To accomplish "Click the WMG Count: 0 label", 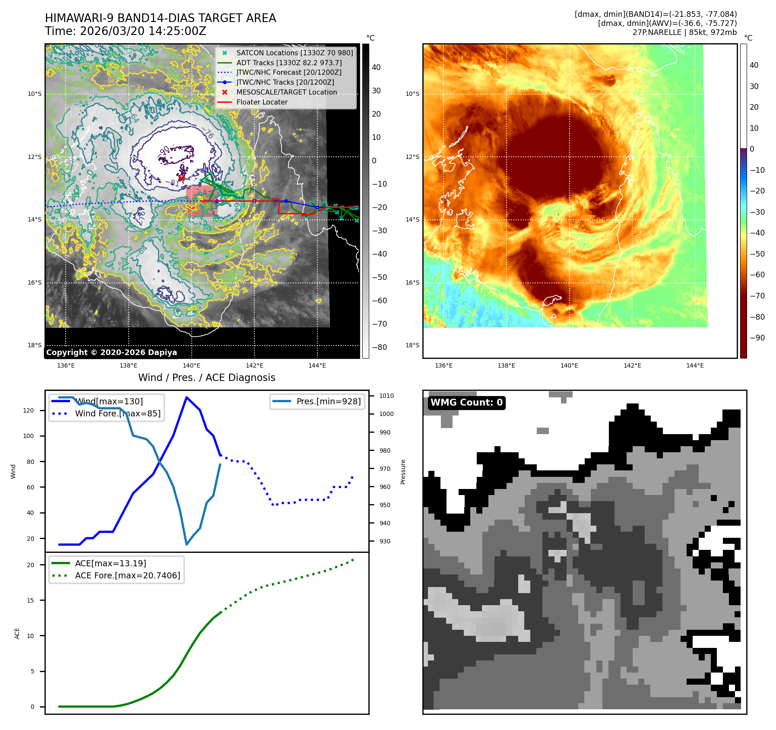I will pos(466,403).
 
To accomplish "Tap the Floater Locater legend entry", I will pos(262,102).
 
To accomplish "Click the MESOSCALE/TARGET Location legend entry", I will pos(286,92).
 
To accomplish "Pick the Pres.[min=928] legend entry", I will pos(328,401).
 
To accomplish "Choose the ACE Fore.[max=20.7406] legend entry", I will pos(127,575).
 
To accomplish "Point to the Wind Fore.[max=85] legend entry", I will pos(117,413).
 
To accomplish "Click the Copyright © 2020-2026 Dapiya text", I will pos(111,352).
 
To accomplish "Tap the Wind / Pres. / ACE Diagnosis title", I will pos(206,378).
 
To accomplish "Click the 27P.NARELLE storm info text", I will pos(684,32).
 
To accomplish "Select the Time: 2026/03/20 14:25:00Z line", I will pos(126,31).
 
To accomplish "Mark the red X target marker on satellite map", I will pos(181,178).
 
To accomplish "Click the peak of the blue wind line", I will pos(186,397).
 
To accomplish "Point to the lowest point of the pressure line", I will pos(187,544).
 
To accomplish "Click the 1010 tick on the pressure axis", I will pos(386,396).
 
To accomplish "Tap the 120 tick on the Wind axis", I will pos(28,410).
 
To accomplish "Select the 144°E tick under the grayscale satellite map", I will pos(317,365).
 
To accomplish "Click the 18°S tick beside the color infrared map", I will pos(412,345).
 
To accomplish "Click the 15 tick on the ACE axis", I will pos(30,600).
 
